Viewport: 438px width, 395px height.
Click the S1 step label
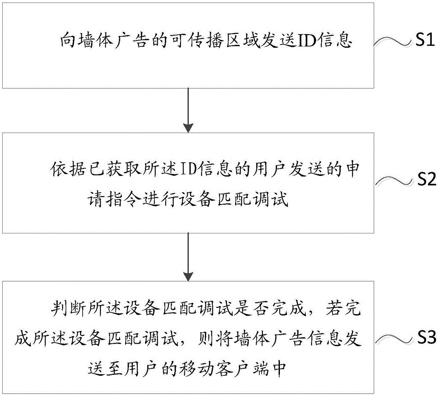point(424,42)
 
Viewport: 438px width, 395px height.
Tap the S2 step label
point(424,180)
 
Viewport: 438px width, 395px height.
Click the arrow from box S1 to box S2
point(188,110)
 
